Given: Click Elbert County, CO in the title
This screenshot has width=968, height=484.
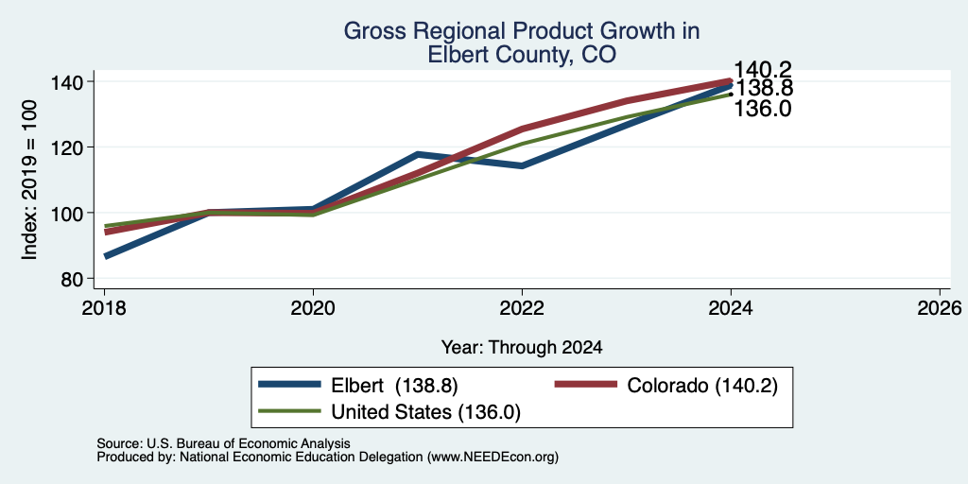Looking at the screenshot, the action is pyautogui.click(x=522, y=54).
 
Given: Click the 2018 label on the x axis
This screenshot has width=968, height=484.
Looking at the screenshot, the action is pyautogui.click(x=104, y=307).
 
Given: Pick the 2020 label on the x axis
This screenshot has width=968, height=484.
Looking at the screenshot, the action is pyautogui.click(x=313, y=307).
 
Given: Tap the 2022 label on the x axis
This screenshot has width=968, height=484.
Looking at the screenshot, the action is pyautogui.click(x=522, y=307).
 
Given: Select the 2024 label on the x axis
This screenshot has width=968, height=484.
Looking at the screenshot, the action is pyautogui.click(x=731, y=307).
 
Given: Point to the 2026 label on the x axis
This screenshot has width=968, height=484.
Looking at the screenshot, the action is pyautogui.click(x=940, y=307).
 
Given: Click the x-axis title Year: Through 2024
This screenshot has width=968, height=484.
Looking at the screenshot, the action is pyautogui.click(x=522, y=348).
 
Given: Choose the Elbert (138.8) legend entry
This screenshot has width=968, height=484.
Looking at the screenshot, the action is pyautogui.click(x=358, y=386).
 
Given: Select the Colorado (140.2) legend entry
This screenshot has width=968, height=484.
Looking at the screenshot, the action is pyautogui.click(x=665, y=386).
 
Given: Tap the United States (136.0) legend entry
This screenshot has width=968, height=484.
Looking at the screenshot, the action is pyautogui.click(x=389, y=411).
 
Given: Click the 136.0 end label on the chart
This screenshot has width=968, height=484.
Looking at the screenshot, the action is pyautogui.click(x=763, y=110).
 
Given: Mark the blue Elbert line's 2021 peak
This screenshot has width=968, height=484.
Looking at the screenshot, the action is pyautogui.click(x=418, y=154).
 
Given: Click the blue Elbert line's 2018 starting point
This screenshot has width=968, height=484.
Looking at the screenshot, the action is pyautogui.click(x=106, y=255).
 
